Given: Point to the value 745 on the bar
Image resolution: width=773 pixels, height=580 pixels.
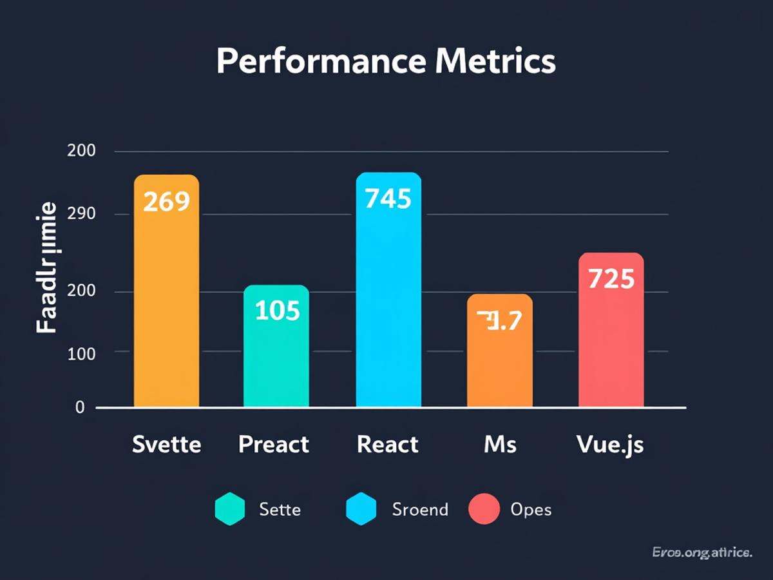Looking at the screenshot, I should (388, 199).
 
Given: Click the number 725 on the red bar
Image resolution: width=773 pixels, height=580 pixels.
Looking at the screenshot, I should (611, 279).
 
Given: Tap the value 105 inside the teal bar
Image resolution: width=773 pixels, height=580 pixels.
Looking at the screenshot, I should (278, 311).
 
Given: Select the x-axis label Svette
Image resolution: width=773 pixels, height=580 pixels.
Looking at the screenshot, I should (166, 444).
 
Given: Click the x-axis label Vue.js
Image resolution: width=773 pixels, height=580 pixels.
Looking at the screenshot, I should (609, 445).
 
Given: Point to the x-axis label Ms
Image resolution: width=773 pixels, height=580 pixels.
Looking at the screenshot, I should (500, 444).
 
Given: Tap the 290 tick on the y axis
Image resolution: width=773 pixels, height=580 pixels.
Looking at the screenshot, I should (81, 214).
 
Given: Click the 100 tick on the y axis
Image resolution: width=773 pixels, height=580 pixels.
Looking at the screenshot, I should (81, 353).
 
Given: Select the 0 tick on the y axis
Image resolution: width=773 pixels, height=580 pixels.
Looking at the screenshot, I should (80, 408).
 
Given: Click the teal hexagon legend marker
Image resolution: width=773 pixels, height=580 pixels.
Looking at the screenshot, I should (230, 509).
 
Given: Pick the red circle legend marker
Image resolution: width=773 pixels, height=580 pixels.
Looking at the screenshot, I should (484, 509).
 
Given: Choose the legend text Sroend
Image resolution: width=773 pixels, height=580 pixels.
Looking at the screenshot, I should (419, 509).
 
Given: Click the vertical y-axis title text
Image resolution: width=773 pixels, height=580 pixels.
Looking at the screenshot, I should (46, 267).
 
